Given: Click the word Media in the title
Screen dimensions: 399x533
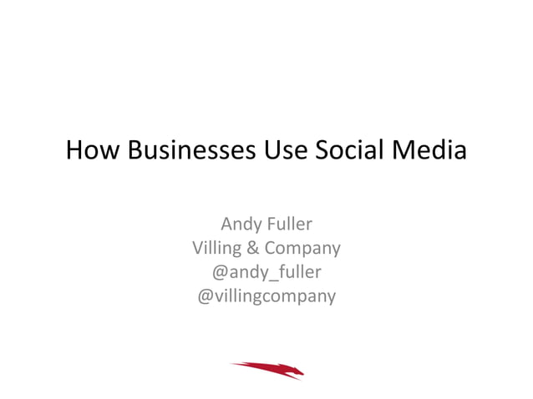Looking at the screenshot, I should pyautogui.click(x=431, y=152).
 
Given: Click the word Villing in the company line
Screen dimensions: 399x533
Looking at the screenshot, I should pyautogui.click(x=215, y=248).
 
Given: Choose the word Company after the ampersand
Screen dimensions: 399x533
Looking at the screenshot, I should pyautogui.click(x=302, y=249).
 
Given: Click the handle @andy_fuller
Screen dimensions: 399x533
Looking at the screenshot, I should pyautogui.click(x=266, y=272).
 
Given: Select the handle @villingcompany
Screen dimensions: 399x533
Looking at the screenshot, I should pyautogui.click(x=266, y=295).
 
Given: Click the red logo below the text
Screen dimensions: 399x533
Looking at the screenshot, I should pyautogui.click(x=267, y=368).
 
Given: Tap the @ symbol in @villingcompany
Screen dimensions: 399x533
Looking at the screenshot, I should pyautogui.click(x=204, y=296).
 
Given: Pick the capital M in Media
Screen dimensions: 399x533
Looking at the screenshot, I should pyautogui.click(x=406, y=152).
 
